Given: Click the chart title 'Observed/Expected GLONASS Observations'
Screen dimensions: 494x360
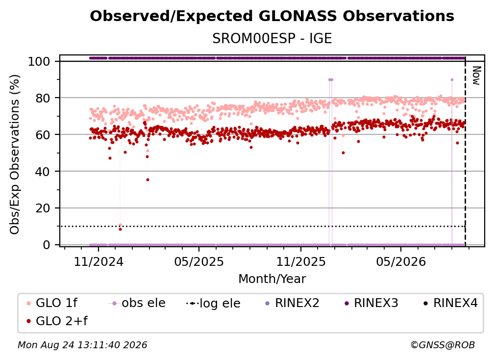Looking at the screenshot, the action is [x=272, y=16].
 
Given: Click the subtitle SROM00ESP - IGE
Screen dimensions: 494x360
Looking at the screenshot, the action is [x=272, y=38].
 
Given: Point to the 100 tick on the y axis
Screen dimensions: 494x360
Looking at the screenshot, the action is [x=39, y=61].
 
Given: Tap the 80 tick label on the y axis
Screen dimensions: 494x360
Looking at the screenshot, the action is [x=43, y=98].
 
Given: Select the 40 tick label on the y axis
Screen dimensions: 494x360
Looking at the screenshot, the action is [x=43, y=172].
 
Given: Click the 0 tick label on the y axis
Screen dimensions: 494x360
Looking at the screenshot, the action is [x=46, y=245].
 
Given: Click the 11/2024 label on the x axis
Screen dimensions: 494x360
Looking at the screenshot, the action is [x=99, y=261].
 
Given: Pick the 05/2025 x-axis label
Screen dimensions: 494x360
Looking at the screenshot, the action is [x=199, y=261].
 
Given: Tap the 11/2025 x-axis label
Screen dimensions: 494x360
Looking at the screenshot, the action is [x=301, y=261].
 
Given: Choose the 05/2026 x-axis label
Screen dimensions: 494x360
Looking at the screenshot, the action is [x=401, y=261].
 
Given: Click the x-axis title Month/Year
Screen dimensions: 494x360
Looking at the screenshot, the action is [x=272, y=279].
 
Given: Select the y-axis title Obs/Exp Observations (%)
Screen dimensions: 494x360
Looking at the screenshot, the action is [x=15, y=154].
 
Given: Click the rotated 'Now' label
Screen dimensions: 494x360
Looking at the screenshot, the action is [x=476, y=76].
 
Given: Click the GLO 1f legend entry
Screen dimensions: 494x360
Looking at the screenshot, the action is [x=52, y=303].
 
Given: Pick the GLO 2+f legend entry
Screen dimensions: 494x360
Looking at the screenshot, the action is [x=57, y=321].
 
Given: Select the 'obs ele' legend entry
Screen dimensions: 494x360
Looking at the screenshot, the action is [x=137, y=303].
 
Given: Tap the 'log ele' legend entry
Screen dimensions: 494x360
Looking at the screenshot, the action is [x=213, y=303].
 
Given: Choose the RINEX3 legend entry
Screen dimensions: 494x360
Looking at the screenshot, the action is [x=371, y=303].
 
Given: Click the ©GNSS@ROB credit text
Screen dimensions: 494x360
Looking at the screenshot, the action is [x=443, y=345].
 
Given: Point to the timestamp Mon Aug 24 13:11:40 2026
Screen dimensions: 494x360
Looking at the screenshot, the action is [x=82, y=345].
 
